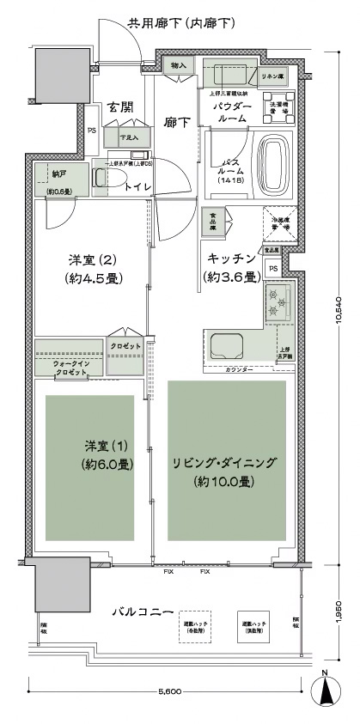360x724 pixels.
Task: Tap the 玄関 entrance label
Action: click(119, 108)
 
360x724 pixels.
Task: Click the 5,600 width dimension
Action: click(168, 691)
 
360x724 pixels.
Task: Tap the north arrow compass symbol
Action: click(328, 692)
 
